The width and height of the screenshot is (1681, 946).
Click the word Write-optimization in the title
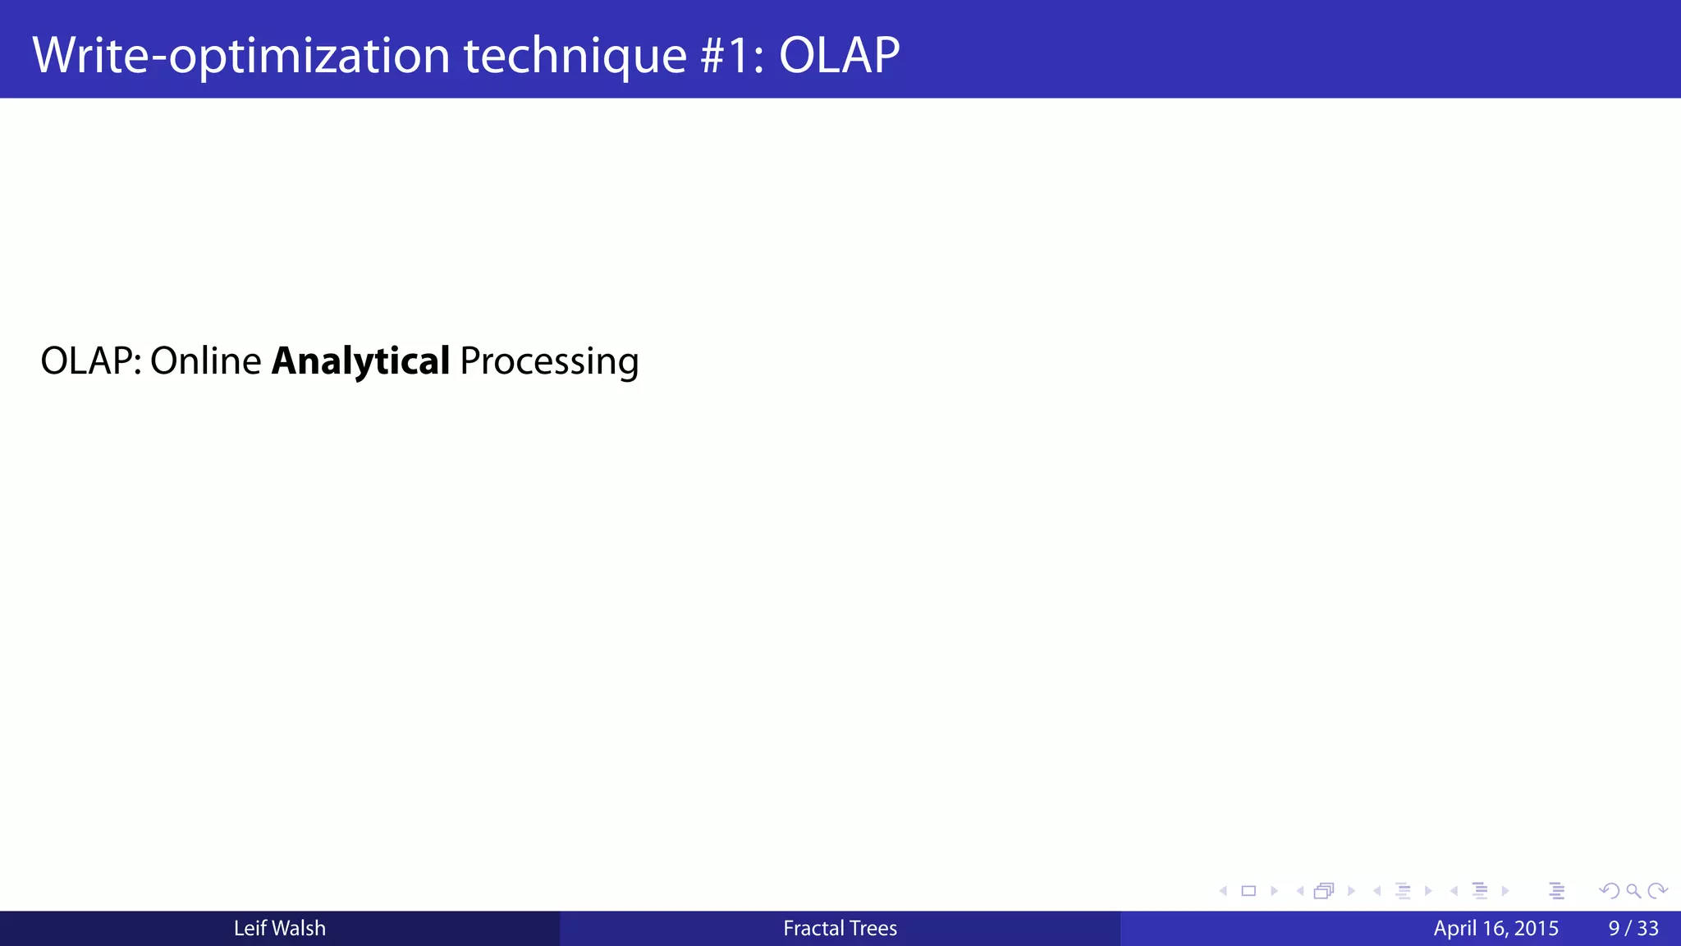240,56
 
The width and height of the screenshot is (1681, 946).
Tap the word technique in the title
575,56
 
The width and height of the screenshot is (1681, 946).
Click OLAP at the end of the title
839,56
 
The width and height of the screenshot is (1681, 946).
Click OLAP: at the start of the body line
90,361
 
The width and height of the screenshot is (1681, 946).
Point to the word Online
205,361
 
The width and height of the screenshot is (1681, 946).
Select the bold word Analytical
360,361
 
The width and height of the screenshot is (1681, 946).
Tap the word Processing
549,361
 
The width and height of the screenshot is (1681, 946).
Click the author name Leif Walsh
279,929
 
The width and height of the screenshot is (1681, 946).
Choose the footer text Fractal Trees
840,929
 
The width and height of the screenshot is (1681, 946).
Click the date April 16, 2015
1495,929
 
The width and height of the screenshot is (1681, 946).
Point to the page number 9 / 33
1633,929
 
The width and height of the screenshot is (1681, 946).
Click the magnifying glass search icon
1633,891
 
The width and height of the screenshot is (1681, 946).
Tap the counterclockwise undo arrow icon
1609,891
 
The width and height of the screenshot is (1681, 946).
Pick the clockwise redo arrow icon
1657,891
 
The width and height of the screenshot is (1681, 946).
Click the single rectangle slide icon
1248,891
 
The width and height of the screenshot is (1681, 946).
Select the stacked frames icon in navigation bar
1324,891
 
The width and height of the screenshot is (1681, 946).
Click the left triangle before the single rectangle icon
1223,891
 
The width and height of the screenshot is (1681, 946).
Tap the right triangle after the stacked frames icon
1351,891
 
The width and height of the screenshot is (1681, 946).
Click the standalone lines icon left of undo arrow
1557,891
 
